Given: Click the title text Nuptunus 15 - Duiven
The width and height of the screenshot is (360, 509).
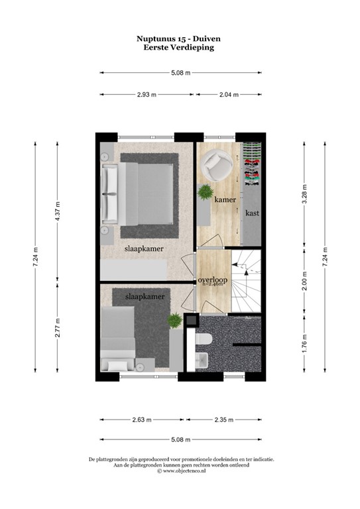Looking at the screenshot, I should (180, 39).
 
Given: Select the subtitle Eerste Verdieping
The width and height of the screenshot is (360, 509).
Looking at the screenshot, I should (180, 48).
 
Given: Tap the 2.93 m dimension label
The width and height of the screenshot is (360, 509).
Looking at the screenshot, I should (146, 95).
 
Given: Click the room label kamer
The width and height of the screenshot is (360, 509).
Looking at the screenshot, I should (225, 199).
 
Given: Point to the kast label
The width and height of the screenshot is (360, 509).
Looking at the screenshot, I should (252, 213).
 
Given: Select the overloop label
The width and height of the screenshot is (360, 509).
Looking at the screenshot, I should (213, 280).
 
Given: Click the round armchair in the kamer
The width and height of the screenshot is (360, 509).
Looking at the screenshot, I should (215, 163).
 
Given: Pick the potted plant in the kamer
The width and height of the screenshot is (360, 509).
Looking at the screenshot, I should (206, 193).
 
